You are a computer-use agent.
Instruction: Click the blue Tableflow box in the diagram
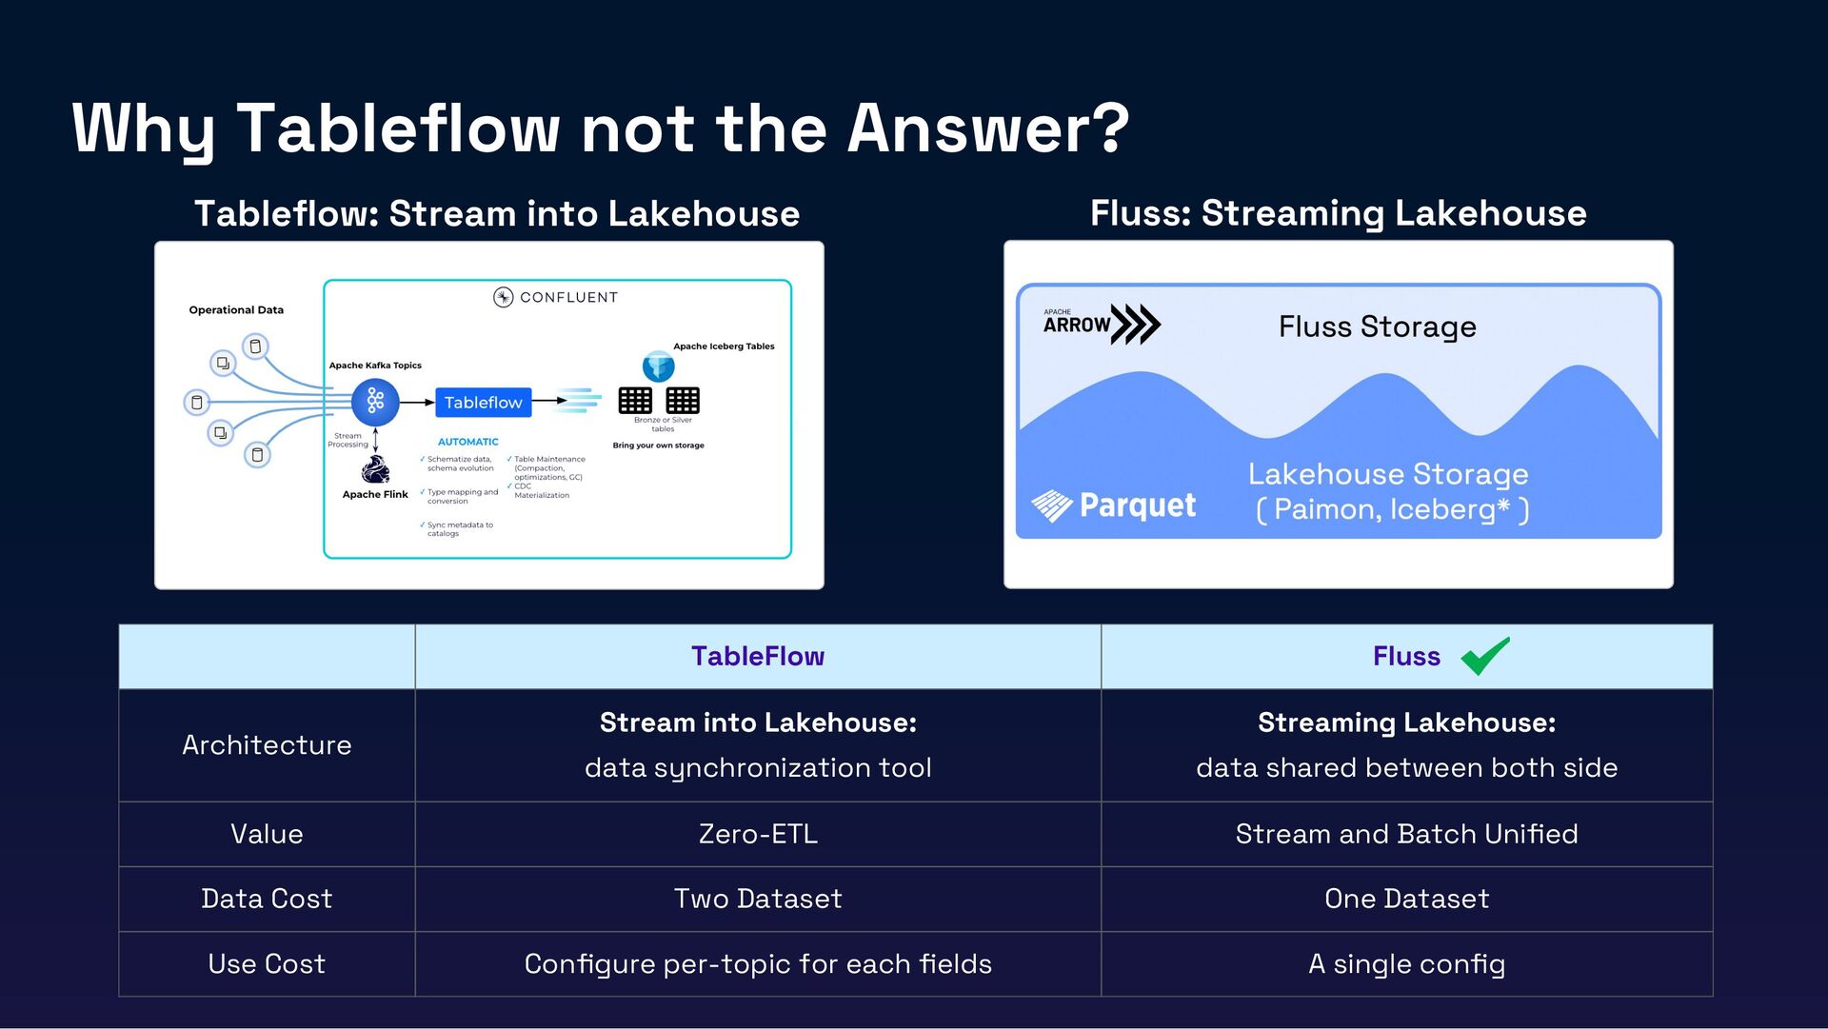tap(483, 403)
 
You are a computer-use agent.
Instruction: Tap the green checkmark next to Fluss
tap(1484, 656)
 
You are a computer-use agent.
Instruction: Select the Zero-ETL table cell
tap(758, 834)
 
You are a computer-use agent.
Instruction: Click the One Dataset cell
tap(1406, 899)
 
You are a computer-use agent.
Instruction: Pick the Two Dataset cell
tap(758, 899)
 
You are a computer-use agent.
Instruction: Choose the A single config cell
tap(1406, 964)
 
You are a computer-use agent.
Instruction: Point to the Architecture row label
tap(267, 745)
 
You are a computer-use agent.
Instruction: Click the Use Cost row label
tap(267, 964)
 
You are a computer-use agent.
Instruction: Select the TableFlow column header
tap(758, 657)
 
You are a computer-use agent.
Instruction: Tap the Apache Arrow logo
tap(1101, 324)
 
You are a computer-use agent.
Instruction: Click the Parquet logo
tap(1114, 505)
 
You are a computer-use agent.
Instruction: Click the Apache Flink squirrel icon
tap(375, 469)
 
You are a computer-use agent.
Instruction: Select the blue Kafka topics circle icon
tap(375, 402)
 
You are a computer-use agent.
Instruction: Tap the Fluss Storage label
tap(1377, 327)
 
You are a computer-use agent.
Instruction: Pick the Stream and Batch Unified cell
tap(1406, 834)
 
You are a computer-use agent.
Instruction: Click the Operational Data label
tap(236, 310)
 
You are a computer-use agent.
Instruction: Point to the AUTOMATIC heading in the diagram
tap(467, 442)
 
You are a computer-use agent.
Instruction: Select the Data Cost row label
tap(267, 899)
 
